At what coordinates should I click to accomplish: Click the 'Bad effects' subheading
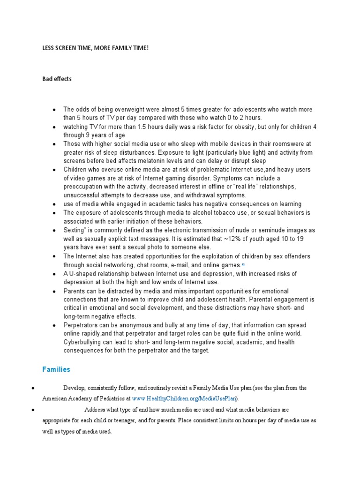coord(57,79)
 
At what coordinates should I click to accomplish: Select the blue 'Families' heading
coord(56,369)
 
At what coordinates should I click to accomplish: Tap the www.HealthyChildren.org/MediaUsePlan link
coord(185,398)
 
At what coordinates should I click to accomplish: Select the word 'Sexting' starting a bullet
coord(74,230)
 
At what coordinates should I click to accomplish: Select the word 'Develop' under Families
coord(74,388)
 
